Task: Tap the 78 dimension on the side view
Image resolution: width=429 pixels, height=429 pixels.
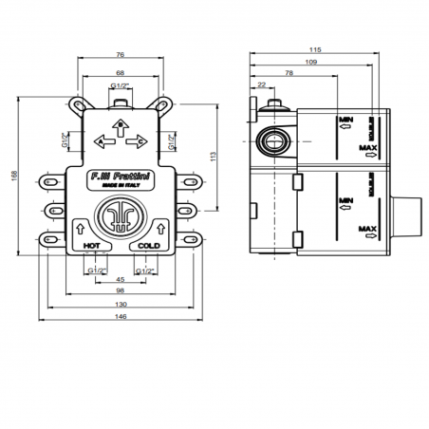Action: click(x=289, y=73)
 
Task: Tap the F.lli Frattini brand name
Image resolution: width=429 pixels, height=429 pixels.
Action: click(x=121, y=177)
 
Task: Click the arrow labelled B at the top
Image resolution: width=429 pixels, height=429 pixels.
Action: click(x=121, y=124)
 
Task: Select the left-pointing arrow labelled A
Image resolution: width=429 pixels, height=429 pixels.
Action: click(x=100, y=143)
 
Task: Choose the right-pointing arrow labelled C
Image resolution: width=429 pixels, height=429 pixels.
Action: click(x=142, y=143)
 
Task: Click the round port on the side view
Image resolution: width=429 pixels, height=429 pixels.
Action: click(x=271, y=142)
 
